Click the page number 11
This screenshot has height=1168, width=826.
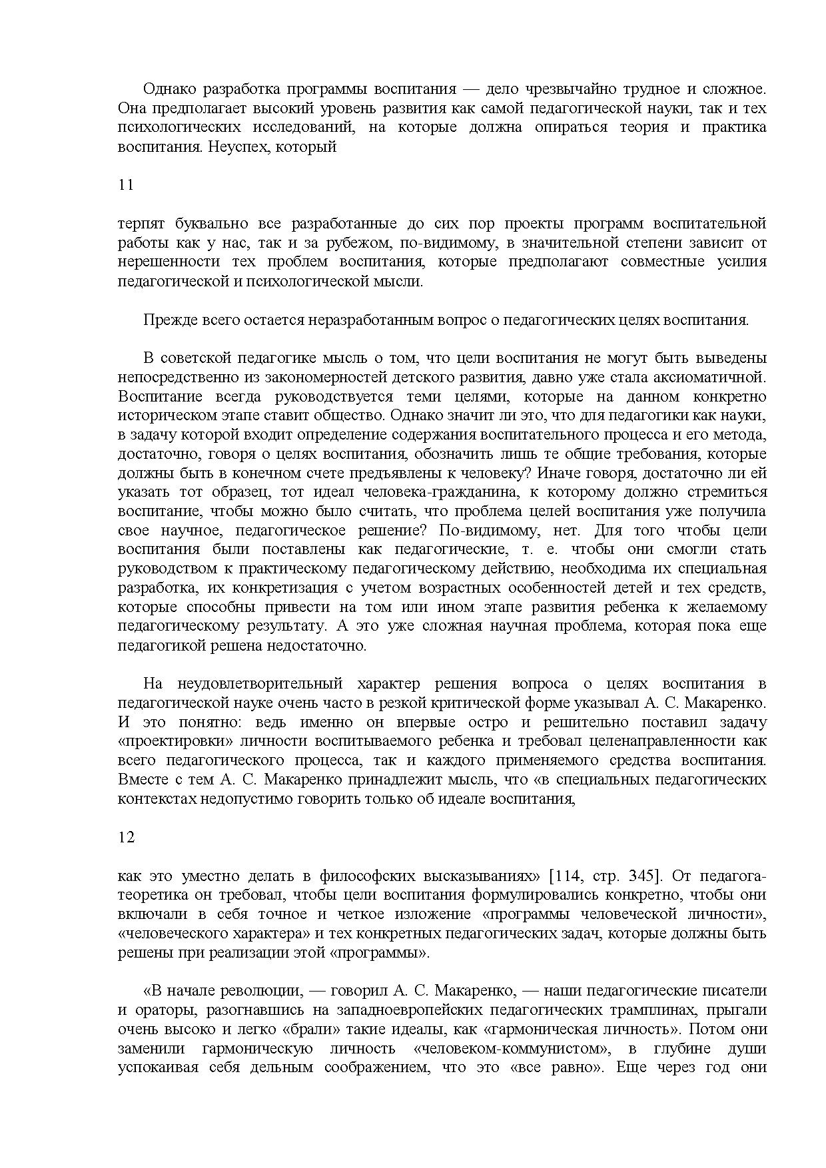pos(126,185)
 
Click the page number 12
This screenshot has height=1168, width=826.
pos(126,838)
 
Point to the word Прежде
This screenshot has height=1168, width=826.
pos(165,320)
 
